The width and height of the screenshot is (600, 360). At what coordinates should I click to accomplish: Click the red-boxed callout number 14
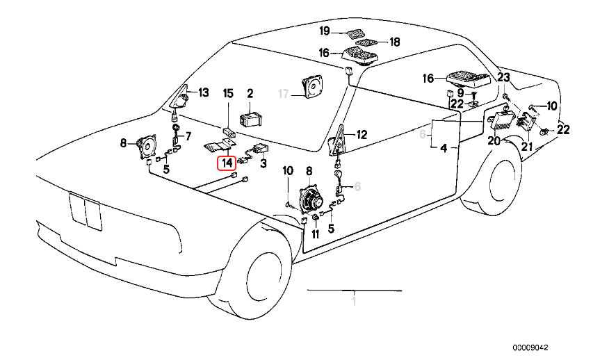[227, 164]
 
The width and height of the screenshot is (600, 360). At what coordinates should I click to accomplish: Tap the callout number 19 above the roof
[324, 31]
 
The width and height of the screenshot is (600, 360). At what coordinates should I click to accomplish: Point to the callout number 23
[503, 77]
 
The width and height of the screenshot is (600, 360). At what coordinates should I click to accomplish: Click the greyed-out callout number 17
[283, 92]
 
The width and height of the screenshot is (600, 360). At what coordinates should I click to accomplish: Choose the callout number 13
[202, 92]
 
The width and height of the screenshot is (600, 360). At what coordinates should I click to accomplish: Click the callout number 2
[250, 92]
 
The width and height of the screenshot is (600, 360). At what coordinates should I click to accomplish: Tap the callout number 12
[361, 135]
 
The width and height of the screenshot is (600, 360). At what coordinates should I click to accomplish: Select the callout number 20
[494, 141]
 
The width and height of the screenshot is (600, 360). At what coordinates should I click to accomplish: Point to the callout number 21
[526, 146]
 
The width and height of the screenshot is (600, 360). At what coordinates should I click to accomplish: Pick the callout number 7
[186, 135]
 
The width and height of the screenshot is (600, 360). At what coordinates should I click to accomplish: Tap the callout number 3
[263, 164]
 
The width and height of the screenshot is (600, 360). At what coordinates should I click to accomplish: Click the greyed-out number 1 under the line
[354, 302]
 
